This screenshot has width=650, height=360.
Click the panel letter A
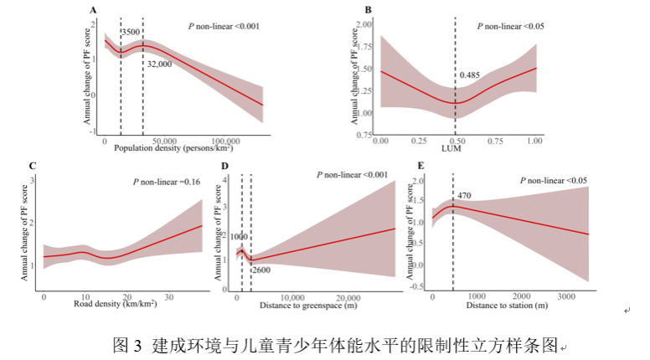(x=94, y=10)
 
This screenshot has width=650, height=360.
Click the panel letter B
(x=357, y=10)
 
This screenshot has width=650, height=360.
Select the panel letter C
(x=33, y=166)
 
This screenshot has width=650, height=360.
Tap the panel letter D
(x=224, y=166)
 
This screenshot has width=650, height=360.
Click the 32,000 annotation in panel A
(x=159, y=64)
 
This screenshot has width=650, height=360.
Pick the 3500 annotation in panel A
(x=132, y=33)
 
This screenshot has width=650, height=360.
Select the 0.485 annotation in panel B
(x=470, y=75)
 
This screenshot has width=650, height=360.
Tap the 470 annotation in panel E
(x=465, y=195)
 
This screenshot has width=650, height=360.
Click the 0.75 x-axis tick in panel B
(x=495, y=143)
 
